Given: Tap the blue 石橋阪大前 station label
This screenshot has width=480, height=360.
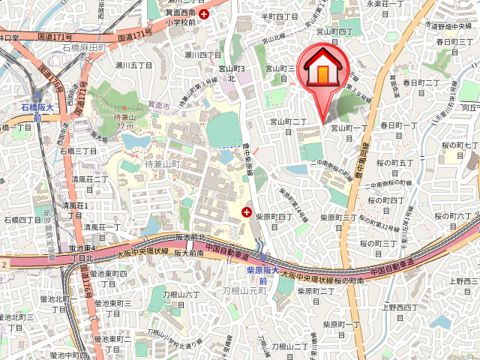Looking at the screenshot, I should tap(37, 112).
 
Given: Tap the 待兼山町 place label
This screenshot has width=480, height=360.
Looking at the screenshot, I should tap(163, 164).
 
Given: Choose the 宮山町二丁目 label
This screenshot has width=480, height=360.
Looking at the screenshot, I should tap(289, 121).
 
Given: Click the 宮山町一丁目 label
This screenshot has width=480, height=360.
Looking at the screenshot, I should tap(349, 128).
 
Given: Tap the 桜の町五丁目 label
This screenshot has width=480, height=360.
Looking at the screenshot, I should tap(395, 162).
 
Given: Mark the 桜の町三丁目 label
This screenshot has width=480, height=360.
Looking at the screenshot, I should tap(378, 243).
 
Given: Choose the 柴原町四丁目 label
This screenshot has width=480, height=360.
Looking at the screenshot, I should tap(274, 217).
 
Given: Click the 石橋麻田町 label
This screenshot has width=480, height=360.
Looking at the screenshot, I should tap(87, 49).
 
